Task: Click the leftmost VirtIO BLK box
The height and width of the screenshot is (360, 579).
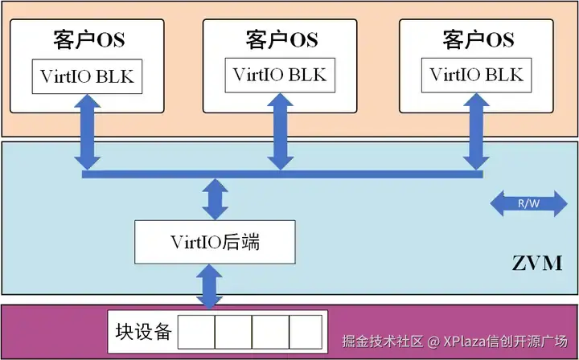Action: pos(88,76)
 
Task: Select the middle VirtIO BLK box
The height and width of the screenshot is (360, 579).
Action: pos(280,75)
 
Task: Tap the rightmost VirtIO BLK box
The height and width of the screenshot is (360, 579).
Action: pos(476,75)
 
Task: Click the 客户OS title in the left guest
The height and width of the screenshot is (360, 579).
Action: pos(88,39)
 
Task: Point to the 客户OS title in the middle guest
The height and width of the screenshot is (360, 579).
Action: pos(281,39)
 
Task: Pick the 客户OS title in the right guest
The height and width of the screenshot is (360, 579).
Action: pos(478,39)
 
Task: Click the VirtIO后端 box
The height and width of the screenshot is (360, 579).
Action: pos(214,241)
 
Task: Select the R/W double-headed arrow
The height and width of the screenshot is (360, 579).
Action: pos(528,203)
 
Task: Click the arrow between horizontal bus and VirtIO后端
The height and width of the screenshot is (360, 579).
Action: pos(215,198)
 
